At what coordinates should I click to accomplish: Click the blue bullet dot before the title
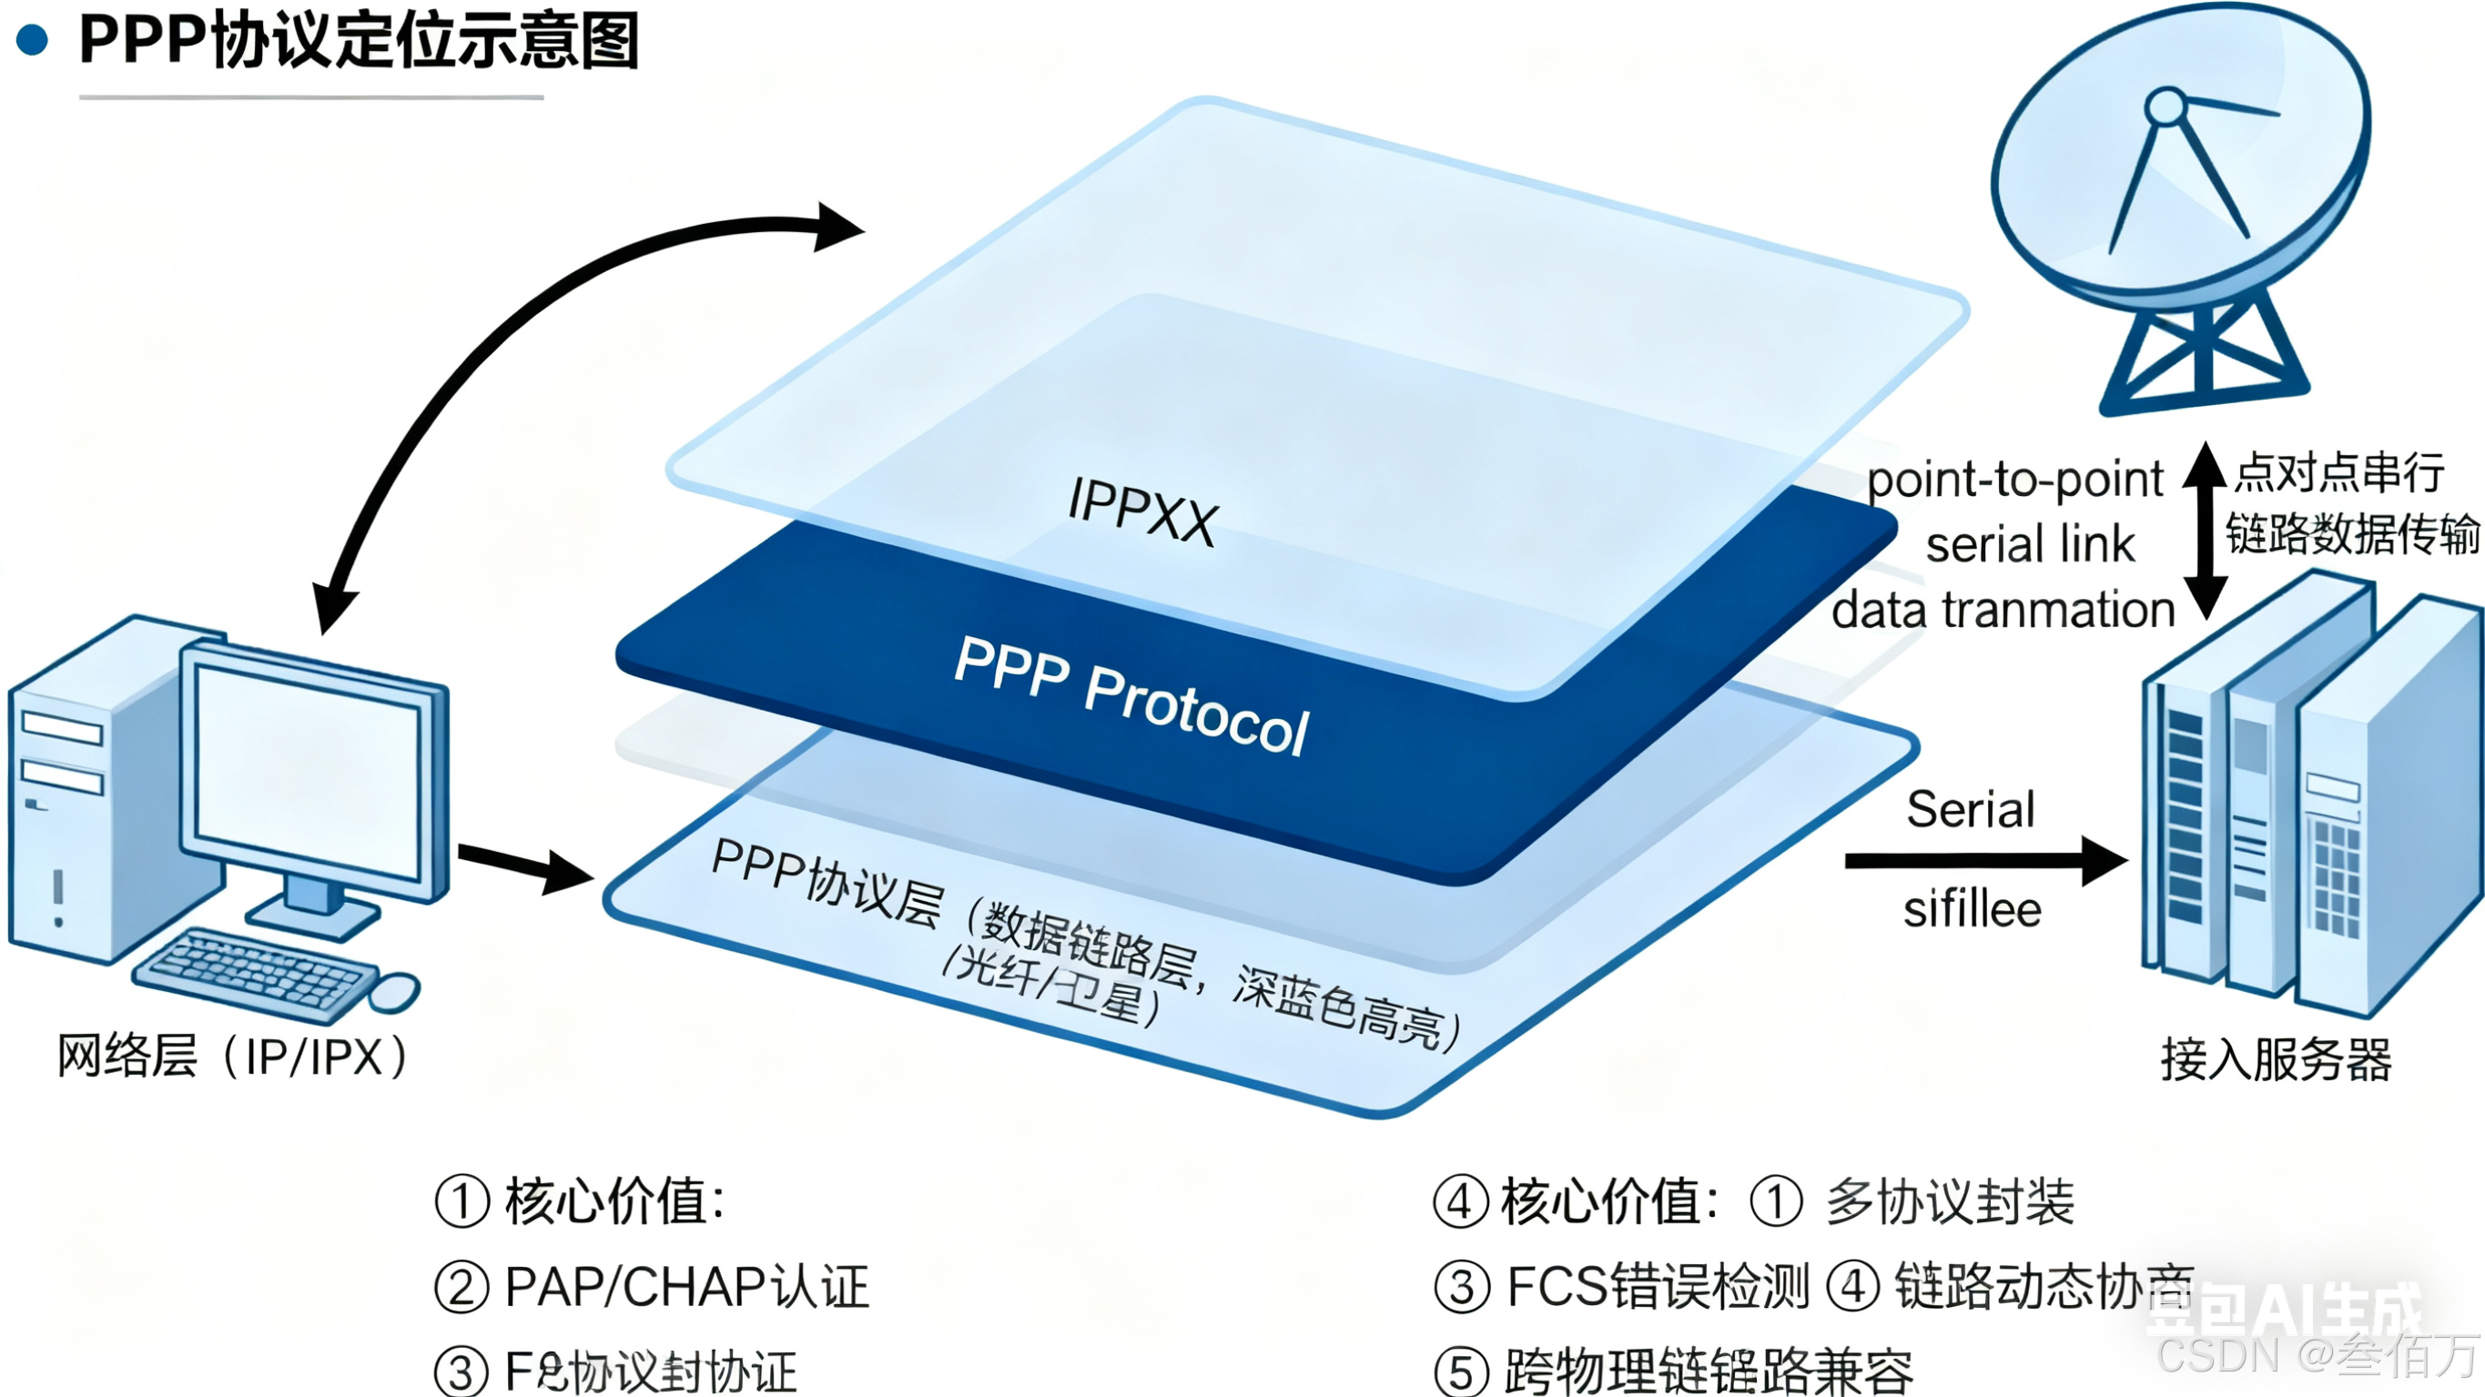33,41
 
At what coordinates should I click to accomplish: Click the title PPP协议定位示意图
359,41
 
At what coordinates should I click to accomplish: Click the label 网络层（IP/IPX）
231,1057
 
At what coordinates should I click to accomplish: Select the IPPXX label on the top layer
1142,511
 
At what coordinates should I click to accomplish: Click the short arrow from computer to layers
525,865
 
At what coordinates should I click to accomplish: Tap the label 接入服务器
2276,1060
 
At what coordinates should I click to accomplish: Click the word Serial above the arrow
1971,809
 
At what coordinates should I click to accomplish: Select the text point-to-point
2015,480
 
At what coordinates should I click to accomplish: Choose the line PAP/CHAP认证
687,1287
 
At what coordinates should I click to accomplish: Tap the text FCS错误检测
1658,1287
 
